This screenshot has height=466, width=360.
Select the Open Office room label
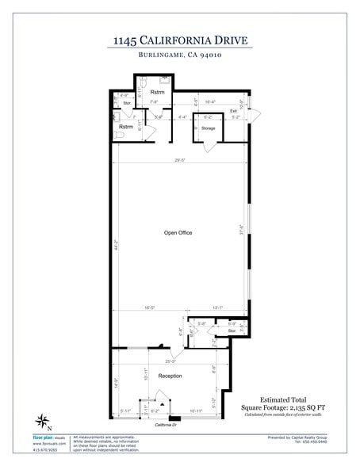click(178, 232)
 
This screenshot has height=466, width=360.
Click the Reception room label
click(170, 376)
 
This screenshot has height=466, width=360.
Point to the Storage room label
click(208, 128)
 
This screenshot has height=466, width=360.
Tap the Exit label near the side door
click(234, 110)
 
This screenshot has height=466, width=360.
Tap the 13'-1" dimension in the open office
click(218, 309)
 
